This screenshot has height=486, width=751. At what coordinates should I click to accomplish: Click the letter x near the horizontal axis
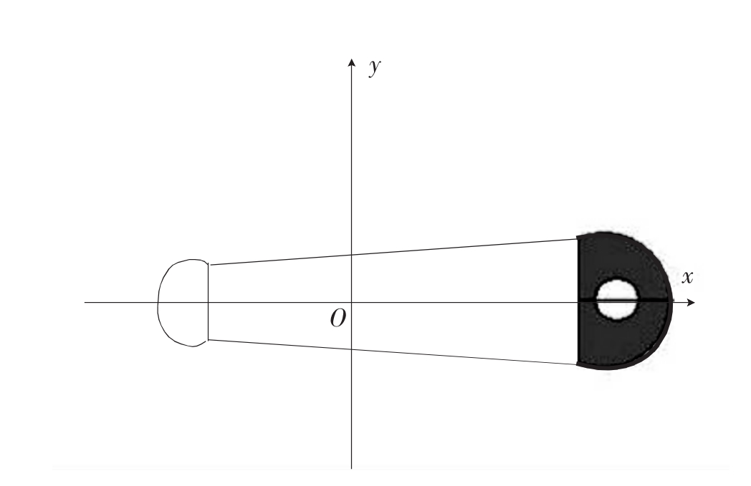click(x=687, y=277)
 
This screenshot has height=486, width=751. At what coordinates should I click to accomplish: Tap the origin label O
click(x=338, y=318)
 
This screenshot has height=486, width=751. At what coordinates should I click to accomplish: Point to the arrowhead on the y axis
click(x=352, y=62)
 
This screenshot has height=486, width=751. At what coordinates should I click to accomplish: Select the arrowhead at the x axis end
click(x=691, y=302)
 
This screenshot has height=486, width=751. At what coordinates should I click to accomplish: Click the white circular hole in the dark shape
click(x=616, y=299)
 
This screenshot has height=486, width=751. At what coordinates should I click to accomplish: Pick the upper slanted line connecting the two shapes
click(x=393, y=252)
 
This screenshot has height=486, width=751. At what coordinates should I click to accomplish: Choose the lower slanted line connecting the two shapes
click(x=393, y=353)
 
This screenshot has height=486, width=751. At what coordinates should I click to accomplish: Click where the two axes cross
click(x=352, y=302)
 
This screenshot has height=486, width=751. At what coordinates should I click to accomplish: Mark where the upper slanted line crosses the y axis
click(x=352, y=255)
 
